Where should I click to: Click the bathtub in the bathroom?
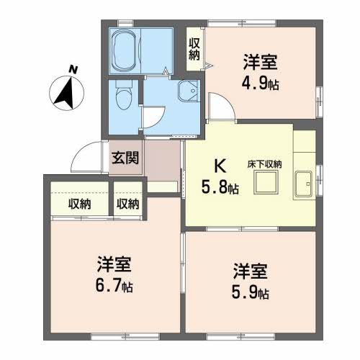(x=125, y=50)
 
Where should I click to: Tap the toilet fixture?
(x=124, y=95)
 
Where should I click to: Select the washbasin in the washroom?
(x=189, y=91)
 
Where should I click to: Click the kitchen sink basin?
(x=304, y=184)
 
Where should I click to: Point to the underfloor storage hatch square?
(x=266, y=182)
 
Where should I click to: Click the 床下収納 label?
(x=264, y=164)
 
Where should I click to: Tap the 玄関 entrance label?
(x=125, y=158)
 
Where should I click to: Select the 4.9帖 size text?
(x=260, y=84)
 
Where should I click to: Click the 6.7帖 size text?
(x=114, y=286)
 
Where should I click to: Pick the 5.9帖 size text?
(x=251, y=292)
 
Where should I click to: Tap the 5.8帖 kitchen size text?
(x=220, y=187)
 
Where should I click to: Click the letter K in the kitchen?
(x=220, y=166)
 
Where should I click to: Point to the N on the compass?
(x=73, y=69)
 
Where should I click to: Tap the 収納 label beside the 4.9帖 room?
(x=194, y=49)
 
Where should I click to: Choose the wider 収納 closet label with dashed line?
(x=80, y=204)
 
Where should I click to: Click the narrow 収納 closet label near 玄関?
(x=127, y=204)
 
